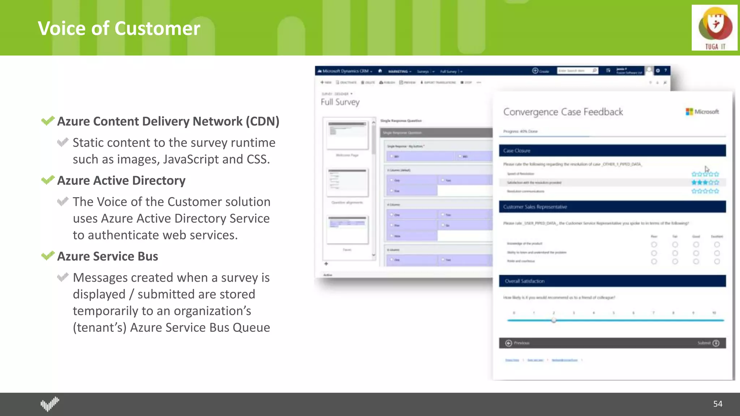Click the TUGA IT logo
(x=714, y=28)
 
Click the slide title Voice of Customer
(x=119, y=28)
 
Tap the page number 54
(x=718, y=404)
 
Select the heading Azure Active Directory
(x=121, y=180)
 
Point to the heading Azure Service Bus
(x=108, y=256)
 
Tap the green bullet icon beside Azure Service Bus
(x=48, y=256)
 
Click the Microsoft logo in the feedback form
(x=702, y=112)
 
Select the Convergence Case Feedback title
(x=563, y=112)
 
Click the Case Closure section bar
(x=612, y=151)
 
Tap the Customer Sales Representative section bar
(x=612, y=207)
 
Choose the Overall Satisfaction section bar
(x=612, y=281)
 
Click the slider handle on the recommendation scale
(x=554, y=320)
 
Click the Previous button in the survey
(x=518, y=343)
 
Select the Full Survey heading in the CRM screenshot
(x=340, y=102)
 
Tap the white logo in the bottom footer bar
(x=50, y=404)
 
